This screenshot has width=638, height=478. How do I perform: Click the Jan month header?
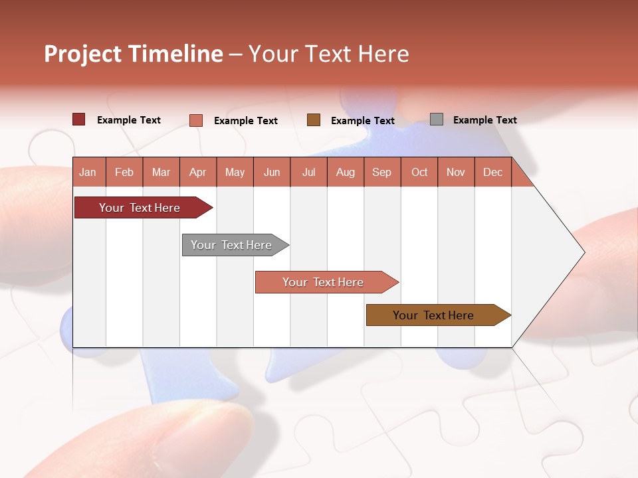pyautogui.click(x=88, y=172)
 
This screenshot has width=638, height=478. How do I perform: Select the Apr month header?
pyautogui.click(x=198, y=172)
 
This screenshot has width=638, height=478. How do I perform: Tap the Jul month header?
pyautogui.click(x=308, y=172)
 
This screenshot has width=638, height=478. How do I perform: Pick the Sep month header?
pyautogui.click(x=382, y=172)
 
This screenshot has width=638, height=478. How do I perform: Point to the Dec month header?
pyautogui.click(x=492, y=172)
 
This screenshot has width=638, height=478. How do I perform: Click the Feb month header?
pyautogui.click(x=124, y=172)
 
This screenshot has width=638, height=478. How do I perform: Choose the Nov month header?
pyautogui.click(x=456, y=172)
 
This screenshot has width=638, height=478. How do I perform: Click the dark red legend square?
pyautogui.click(x=79, y=119)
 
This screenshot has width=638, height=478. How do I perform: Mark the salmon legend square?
pyautogui.click(x=196, y=120)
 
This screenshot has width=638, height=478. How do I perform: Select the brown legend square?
pyautogui.click(x=314, y=120)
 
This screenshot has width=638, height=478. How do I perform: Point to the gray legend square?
pyautogui.click(x=437, y=119)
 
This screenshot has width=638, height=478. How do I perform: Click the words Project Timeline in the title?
pyautogui.click(x=133, y=54)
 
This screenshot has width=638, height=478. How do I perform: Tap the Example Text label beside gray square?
pyautogui.click(x=484, y=120)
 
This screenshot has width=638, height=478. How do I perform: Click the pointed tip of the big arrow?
pyautogui.click(x=583, y=252)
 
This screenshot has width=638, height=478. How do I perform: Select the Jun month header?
pyautogui.click(x=272, y=172)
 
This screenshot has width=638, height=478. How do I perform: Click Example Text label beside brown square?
pyautogui.click(x=362, y=121)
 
